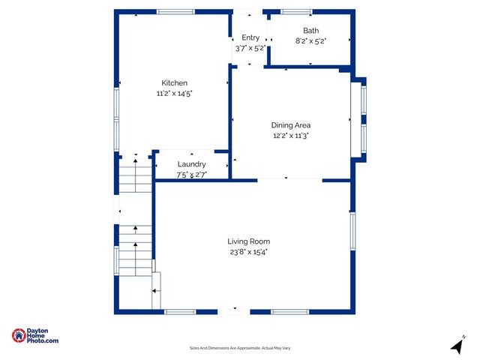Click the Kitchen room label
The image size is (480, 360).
[x=174, y=82]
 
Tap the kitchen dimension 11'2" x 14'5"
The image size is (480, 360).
[x=174, y=94]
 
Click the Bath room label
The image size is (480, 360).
[x=310, y=31]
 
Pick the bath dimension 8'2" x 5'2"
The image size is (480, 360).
[x=310, y=40]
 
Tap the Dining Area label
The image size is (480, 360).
[x=291, y=125]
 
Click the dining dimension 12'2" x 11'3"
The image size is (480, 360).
[x=291, y=136]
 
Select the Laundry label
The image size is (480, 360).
[x=191, y=164]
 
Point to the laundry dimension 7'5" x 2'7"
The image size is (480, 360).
[x=191, y=174]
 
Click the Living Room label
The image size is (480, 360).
[x=249, y=241]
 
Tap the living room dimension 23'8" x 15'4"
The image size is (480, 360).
[x=249, y=252]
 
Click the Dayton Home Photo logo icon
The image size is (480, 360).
[x=19, y=336]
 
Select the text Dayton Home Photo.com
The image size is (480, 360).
[x=43, y=336]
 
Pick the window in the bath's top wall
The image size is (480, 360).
[x=296, y=11]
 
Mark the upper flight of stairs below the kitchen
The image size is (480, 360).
[x=135, y=175]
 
